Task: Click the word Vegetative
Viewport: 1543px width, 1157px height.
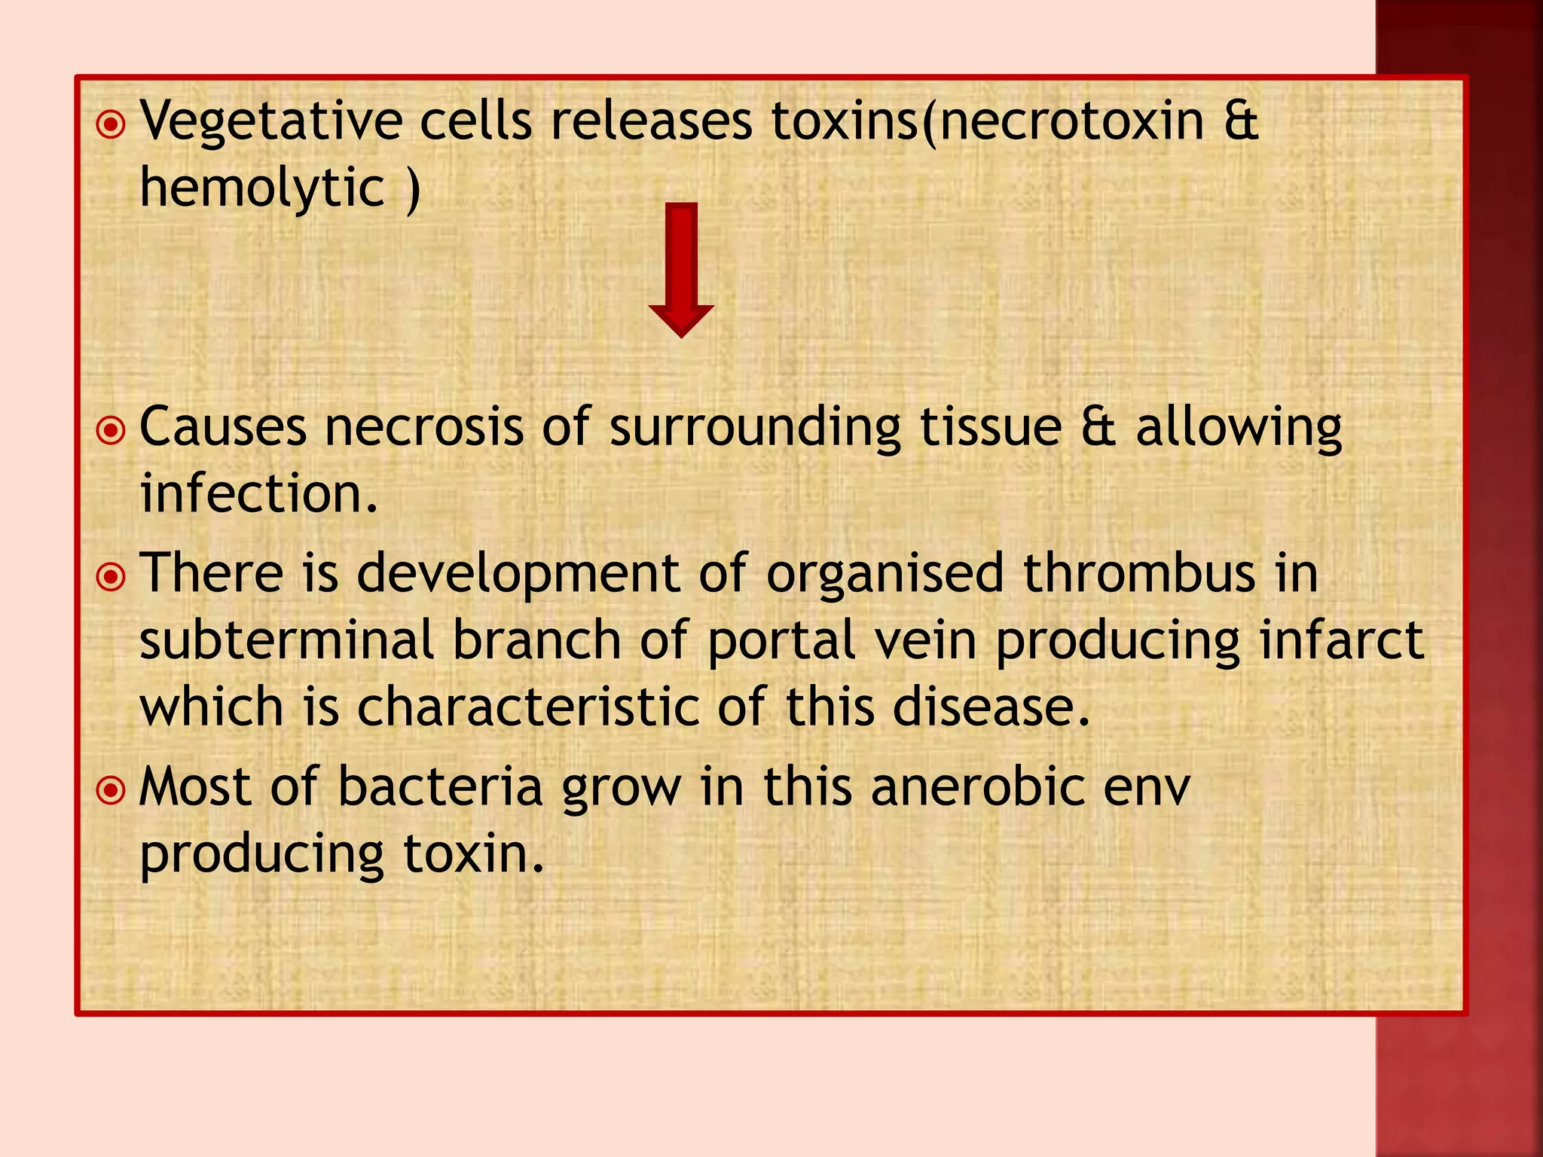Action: click(x=272, y=121)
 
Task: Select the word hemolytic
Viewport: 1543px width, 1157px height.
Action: click(x=262, y=188)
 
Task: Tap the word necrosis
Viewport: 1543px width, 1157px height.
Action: click(x=423, y=428)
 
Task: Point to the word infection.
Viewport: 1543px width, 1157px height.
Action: click(x=258, y=494)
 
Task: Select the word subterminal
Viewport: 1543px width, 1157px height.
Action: click(x=286, y=641)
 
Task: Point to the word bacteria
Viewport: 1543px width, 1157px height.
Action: click(x=440, y=788)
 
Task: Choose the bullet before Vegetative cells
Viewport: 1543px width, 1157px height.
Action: click(x=112, y=124)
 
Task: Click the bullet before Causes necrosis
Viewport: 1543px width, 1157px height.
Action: click(x=112, y=431)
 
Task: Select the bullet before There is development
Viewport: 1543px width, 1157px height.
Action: click(x=112, y=577)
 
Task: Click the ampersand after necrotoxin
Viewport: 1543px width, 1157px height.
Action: click(x=1241, y=121)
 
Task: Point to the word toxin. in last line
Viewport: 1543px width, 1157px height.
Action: click(x=473, y=854)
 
